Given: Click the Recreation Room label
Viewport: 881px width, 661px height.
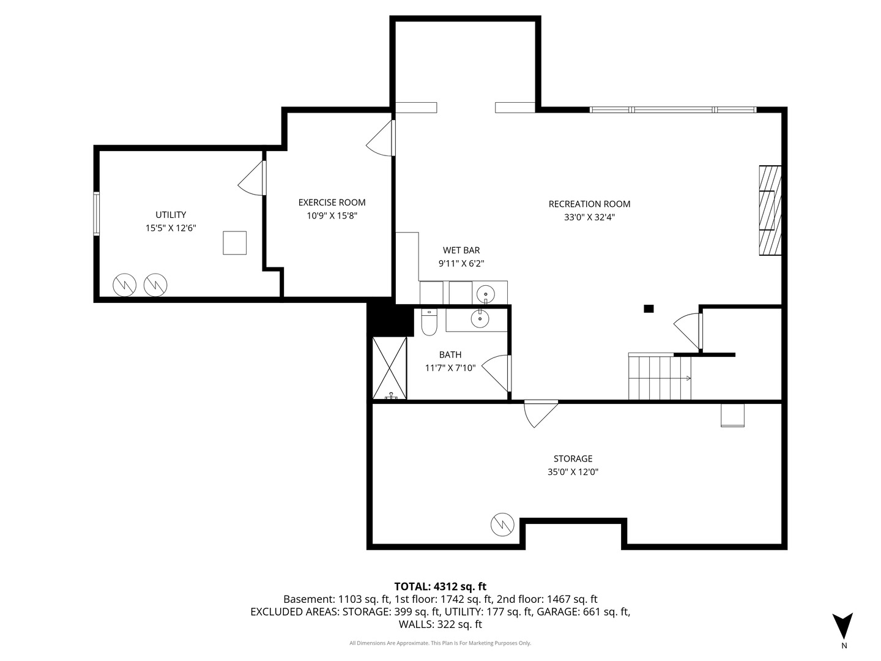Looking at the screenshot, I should pos(589,204).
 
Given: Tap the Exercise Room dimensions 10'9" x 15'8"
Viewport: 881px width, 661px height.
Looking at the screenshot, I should pos(332,215).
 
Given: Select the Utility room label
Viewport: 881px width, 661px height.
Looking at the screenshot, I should pos(171,215).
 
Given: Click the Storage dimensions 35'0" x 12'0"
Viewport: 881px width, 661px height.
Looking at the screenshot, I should pos(573,472).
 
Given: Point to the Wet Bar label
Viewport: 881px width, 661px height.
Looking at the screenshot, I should pos(461,250).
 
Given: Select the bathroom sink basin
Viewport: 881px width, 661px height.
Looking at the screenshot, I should pos(480,318).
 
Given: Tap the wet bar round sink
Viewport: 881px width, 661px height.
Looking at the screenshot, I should pos(486,294).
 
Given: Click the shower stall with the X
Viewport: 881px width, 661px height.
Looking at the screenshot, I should pos(390,368).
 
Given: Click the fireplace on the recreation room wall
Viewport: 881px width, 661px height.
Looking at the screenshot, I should pos(770,210).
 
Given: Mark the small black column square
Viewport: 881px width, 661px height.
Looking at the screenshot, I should pos(649,308).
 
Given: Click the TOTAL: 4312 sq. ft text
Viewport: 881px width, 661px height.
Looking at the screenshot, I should pos(440,586).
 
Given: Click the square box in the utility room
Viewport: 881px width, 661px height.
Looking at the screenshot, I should pos(234,243).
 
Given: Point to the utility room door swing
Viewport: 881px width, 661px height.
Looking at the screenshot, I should pos(252,180).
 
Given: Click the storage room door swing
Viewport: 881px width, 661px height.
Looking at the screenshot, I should pos(539,413).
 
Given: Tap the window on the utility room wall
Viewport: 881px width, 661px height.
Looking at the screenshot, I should pos(96,213).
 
